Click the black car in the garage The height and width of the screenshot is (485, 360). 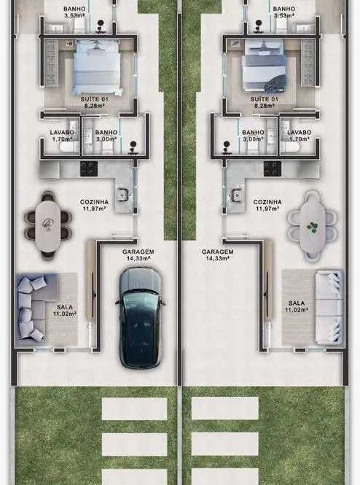click(141, 318)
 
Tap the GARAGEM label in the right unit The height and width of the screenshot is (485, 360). click(218, 252)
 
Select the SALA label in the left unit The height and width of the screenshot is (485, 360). click(65, 307)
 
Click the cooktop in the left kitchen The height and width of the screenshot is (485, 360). click(89, 169)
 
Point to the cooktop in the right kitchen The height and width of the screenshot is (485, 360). click(273, 169)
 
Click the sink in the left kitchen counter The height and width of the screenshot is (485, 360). click(122, 195)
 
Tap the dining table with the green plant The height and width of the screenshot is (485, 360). click(313, 226)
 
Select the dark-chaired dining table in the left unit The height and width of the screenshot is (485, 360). click(48, 225)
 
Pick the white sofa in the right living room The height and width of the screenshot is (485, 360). click(329, 307)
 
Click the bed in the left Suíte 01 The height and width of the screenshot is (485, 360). click(97, 67)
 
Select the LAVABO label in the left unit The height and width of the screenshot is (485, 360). click(62, 133)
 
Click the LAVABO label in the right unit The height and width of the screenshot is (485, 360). click(299, 133)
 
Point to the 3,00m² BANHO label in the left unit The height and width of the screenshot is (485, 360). click(106, 136)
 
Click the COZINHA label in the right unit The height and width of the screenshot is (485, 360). click(267, 202)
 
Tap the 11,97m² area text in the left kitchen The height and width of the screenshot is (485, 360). click(94, 209)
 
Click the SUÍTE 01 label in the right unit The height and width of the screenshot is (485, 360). click(265, 99)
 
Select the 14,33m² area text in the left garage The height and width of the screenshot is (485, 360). click(138, 259)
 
